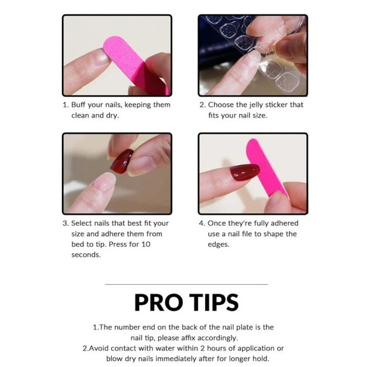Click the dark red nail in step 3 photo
pyautogui.click(x=120, y=161)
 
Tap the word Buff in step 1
pyautogui.click(x=80, y=105)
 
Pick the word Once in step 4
pyautogui.click(x=218, y=223)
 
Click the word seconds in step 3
pyautogui.click(x=85, y=255)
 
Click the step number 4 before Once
pyautogui.click(x=202, y=223)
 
